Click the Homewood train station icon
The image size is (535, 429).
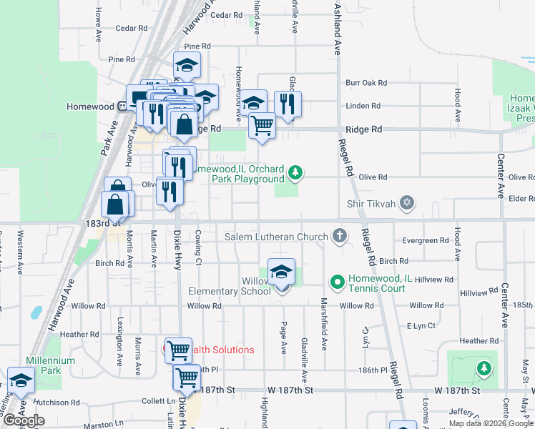pyautogui.click(x=123, y=107)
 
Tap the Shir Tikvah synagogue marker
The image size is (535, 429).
pyautogui.click(x=407, y=204)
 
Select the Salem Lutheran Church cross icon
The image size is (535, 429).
pyautogui.click(x=340, y=236)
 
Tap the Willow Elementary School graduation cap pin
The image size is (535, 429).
pyautogui.click(x=282, y=272)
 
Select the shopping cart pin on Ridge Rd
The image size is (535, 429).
pyautogui.click(x=262, y=126)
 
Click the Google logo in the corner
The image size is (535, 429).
pyautogui.click(x=24, y=420)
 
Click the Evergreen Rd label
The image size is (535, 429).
pyautogui.click(x=426, y=241)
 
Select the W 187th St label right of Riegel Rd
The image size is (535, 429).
pyautogui.click(x=458, y=391)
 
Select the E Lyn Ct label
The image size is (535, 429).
pyautogui.click(x=421, y=326)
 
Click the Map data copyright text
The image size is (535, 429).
pyautogui.click(x=490, y=423)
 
